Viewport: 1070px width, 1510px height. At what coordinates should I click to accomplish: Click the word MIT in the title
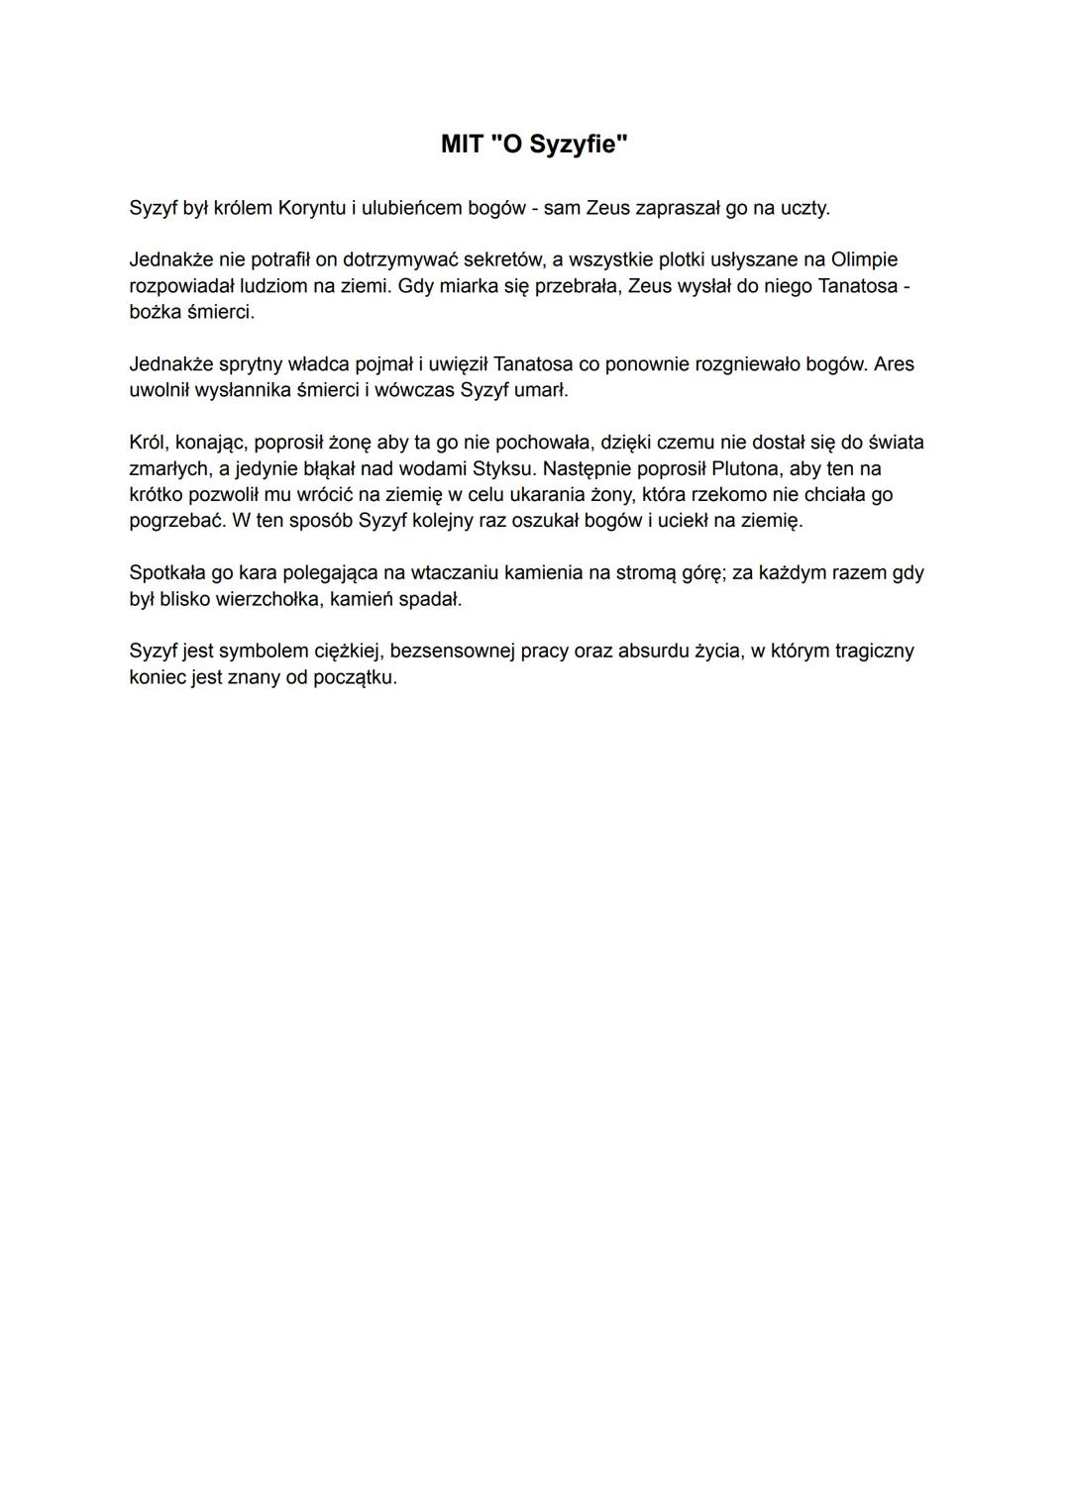[x=462, y=145]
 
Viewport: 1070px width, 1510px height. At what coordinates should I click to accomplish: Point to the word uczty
[x=803, y=208]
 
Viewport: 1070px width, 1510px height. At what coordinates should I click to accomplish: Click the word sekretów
[x=501, y=259]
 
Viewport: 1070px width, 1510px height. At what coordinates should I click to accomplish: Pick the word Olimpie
[x=864, y=259]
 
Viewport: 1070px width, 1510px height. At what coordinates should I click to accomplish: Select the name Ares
[x=894, y=363]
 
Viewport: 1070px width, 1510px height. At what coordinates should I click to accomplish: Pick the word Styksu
[x=501, y=467]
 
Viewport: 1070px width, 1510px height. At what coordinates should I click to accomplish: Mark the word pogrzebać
[x=175, y=520]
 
